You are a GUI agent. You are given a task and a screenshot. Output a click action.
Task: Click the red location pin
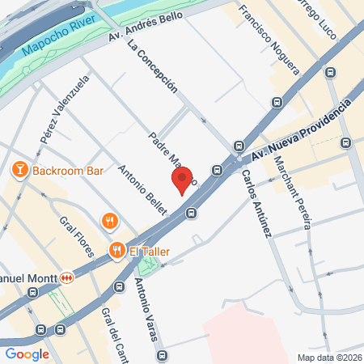(182, 180)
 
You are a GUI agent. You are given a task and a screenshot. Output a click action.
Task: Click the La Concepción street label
(153, 67)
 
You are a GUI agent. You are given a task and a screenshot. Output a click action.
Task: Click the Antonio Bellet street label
(142, 189)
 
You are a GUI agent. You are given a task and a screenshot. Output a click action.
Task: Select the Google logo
(27, 353)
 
